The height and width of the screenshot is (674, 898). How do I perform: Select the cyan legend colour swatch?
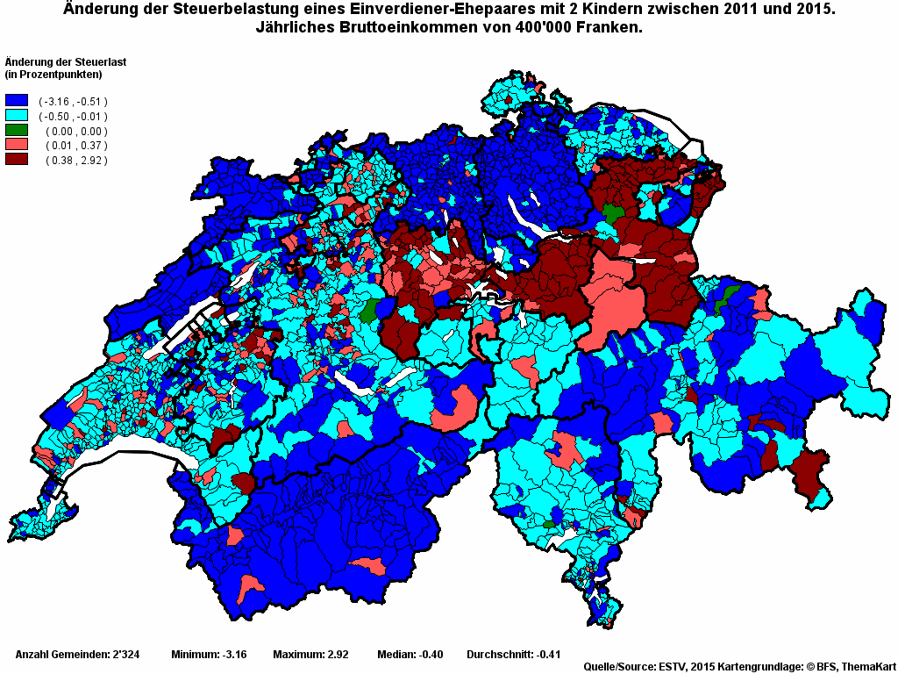click(x=17, y=116)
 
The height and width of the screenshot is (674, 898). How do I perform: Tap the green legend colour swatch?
click(x=17, y=131)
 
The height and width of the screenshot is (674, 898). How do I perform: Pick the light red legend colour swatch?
click(x=17, y=145)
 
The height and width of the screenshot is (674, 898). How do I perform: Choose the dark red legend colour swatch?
click(x=17, y=159)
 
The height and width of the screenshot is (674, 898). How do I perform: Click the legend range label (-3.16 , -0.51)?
click(x=73, y=102)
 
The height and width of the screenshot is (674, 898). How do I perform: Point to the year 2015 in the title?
click(x=811, y=10)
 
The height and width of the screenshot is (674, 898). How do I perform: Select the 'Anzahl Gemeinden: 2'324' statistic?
click(x=74, y=655)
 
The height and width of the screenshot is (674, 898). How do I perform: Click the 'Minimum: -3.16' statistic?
click(x=209, y=655)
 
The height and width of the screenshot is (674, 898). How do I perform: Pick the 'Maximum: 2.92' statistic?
click(x=310, y=655)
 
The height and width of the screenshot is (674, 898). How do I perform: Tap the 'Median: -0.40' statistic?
click(x=410, y=655)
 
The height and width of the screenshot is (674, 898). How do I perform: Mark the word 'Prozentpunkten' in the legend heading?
click(x=55, y=74)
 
